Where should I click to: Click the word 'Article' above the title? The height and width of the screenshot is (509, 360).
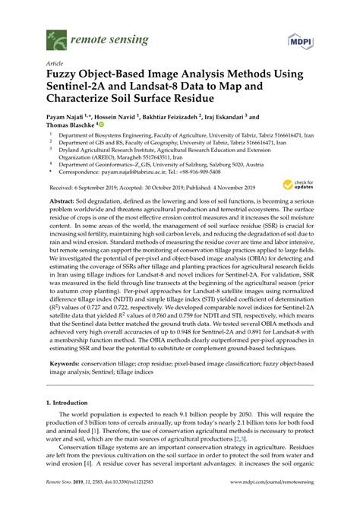[55, 64]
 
